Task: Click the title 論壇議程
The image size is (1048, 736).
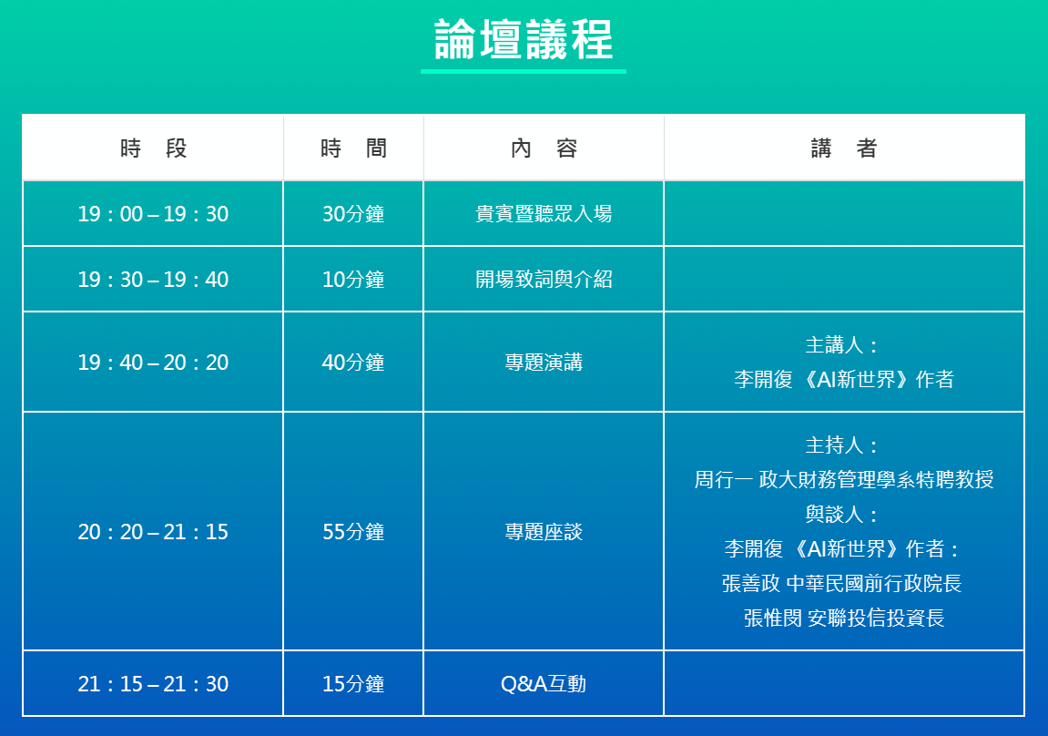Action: pyautogui.click(x=524, y=40)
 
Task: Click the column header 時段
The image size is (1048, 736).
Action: pyautogui.click(x=153, y=148)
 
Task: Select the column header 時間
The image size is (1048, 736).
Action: pyautogui.click(x=353, y=148)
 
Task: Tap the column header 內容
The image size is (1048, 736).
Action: pyautogui.click(x=544, y=148)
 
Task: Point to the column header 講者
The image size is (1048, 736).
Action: pyautogui.click(x=844, y=148)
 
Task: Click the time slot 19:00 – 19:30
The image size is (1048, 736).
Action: pyautogui.click(x=153, y=214)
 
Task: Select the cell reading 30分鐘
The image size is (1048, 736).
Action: pyautogui.click(x=353, y=214)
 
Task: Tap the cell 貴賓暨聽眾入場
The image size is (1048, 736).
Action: pyautogui.click(x=544, y=214)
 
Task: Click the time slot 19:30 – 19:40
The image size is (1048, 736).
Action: pyautogui.click(x=153, y=280)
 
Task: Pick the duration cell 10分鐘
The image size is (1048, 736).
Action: pyautogui.click(x=353, y=280)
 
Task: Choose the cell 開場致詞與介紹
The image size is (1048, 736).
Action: pyautogui.click(x=544, y=280)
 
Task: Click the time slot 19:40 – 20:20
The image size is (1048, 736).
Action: pyautogui.click(x=153, y=363)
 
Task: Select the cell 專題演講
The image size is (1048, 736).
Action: pyautogui.click(x=544, y=363)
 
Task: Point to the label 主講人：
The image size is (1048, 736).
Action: pyautogui.click(x=842, y=345)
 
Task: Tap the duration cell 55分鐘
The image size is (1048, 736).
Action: pyautogui.click(x=353, y=531)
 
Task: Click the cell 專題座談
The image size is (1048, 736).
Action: pyautogui.click(x=544, y=531)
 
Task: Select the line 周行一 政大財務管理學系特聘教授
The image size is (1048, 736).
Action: pyautogui.click(x=844, y=479)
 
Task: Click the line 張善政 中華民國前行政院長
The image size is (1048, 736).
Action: pyautogui.click(x=842, y=583)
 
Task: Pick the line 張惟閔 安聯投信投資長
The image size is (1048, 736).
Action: pyautogui.click(x=844, y=618)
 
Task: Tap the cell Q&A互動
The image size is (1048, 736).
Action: pyautogui.click(x=544, y=684)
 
